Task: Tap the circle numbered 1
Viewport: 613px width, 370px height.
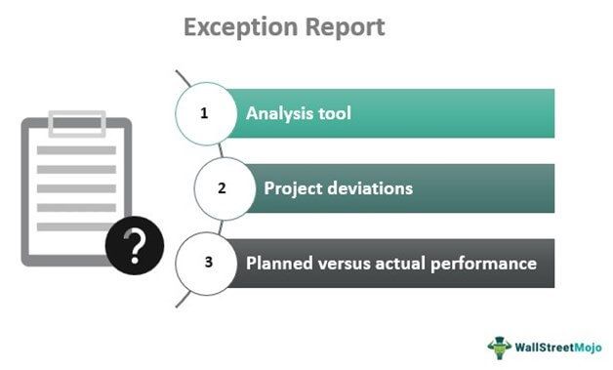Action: tap(205, 113)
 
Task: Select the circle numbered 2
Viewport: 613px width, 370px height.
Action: tap(224, 188)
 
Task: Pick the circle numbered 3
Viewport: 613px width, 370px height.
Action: tap(205, 264)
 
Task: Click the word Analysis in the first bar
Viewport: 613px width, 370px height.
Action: tap(279, 113)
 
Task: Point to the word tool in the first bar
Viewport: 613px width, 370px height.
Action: tap(333, 113)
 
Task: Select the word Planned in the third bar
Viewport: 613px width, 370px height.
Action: tap(278, 264)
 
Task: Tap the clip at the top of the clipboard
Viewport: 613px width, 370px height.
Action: tap(76, 125)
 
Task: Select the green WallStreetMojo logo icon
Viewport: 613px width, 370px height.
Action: tap(500, 346)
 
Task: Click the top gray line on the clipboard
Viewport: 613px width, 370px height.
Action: tap(76, 150)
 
